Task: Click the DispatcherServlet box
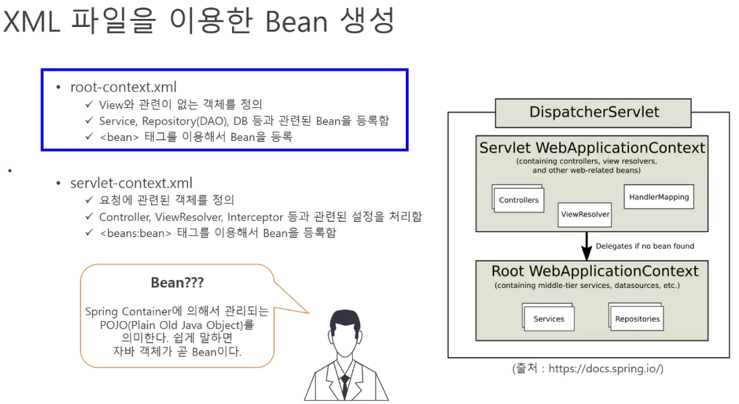click(593, 112)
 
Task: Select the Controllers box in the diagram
click(519, 200)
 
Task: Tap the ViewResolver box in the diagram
click(585, 214)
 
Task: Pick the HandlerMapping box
click(659, 197)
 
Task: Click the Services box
click(548, 318)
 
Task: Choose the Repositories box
click(637, 318)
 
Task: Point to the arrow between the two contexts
click(585, 246)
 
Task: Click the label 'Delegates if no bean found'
click(645, 246)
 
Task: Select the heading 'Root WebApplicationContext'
click(595, 271)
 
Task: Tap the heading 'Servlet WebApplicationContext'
click(592, 148)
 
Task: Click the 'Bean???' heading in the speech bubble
click(177, 283)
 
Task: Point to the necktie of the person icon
click(345, 386)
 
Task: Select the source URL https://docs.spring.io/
click(605, 369)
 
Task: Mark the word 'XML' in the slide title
click(37, 22)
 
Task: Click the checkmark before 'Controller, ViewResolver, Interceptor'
click(90, 217)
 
